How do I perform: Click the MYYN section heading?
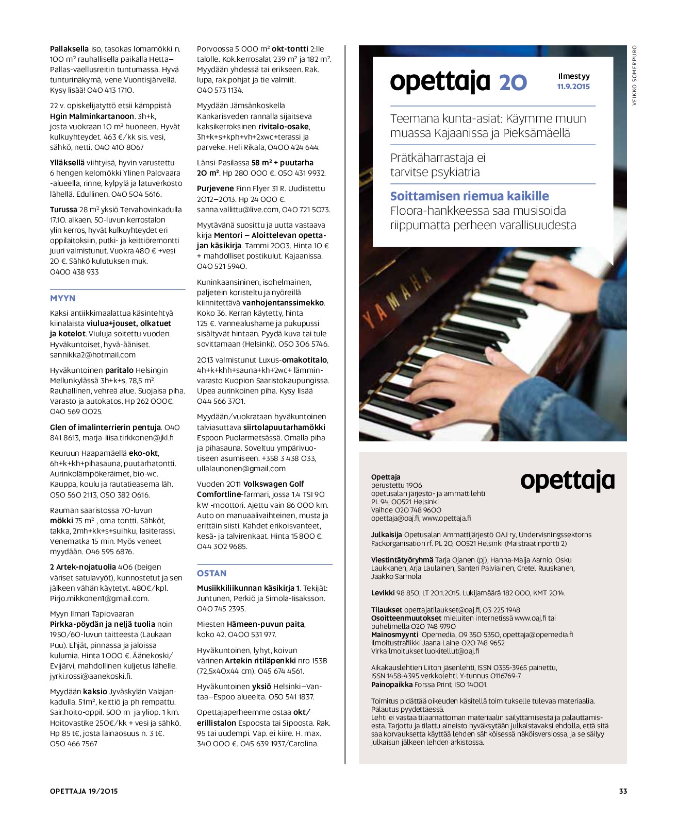pyautogui.click(x=62, y=298)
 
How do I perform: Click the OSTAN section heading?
pyautogui.click(x=211, y=573)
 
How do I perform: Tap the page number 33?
pyautogui.click(x=623, y=791)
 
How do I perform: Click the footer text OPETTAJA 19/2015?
pyautogui.click(x=84, y=791)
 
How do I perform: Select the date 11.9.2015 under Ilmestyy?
pyautogui.click(x=573, y=87)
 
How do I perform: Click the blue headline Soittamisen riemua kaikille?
pyautogui.click(x=469, y=196)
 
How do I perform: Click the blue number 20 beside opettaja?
pyautogui.click(x=513, y=83)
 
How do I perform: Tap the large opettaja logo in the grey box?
pyautogui.click(x=567, y=481)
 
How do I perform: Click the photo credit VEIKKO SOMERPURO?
pyautogui.click(x=634, y=75)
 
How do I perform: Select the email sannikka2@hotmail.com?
pyautogui.click(x=93, y=355)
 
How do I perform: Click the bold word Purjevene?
pyautogui.click(x=215, y=188)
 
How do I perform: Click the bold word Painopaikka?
pyautogui.click(x=391, y=684)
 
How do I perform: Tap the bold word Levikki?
pyautogui.click(x=383, y=593)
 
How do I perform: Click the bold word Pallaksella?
pyautogui.click(x=69, y=49)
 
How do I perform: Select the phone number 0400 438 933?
pyautogui.click(x=74, y=272)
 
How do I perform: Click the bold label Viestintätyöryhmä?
pyautogui.click(x=402, y=560)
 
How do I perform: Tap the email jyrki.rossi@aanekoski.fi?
pyautogui.click(x=91, y=676)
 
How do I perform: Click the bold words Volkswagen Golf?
pyautogui.click(x=273, y=484)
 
